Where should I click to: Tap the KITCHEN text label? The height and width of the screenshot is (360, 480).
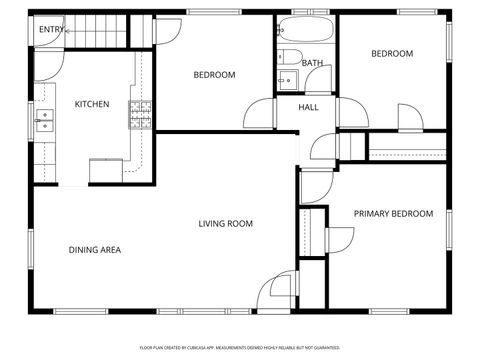click(91, 104)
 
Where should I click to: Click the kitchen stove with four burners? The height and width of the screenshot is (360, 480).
click(140, 117)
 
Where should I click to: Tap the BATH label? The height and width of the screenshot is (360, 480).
click(312, 63)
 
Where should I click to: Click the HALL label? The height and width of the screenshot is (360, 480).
click(308, 106)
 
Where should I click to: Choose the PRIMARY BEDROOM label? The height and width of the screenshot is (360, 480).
click(393, 213)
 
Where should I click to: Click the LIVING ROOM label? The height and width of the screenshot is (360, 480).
click(225, 223)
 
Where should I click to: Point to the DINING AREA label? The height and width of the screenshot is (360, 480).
click(94, 249)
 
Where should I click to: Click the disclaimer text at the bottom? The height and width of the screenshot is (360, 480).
click(239, 347)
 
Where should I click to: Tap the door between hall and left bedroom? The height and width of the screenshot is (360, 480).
click(258, 112)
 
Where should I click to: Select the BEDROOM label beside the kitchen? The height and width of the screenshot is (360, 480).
click(214, 75)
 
